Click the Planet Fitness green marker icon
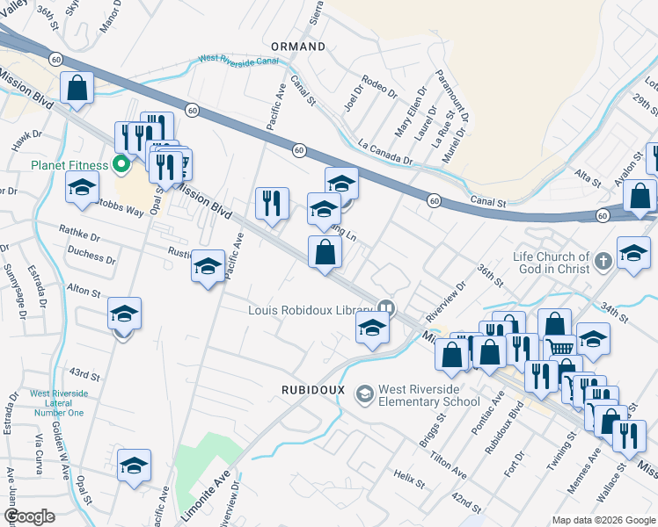click(123, 164)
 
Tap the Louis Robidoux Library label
click(311, 309)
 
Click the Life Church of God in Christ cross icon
click(603, 260)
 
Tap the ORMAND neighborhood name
click(298, 46)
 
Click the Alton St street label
click(84, 290)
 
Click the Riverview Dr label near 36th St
click(444, 301)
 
